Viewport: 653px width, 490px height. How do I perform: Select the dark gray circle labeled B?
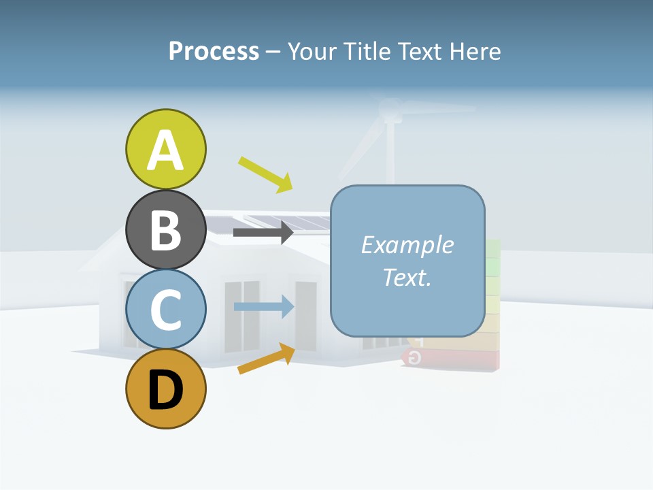tap(165, 230)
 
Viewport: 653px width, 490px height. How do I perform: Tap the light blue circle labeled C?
tap(165, 310)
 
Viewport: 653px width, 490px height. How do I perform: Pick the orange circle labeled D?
tap(165, 389)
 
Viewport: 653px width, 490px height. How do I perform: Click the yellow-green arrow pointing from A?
tap(266, 174)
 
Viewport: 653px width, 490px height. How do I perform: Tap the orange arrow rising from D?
tap(266, 359)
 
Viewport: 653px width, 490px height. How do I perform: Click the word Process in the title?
tap(214, 51)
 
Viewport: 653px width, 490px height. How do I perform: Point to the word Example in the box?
tap(407, 245)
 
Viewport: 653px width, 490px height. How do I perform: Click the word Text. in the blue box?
tap(407, 277)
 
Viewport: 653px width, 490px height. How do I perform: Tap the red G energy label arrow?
tap(416, 358)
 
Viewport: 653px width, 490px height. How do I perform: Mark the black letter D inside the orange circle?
tap(165, 391)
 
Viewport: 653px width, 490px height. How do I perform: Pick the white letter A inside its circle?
tap(165, 150)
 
